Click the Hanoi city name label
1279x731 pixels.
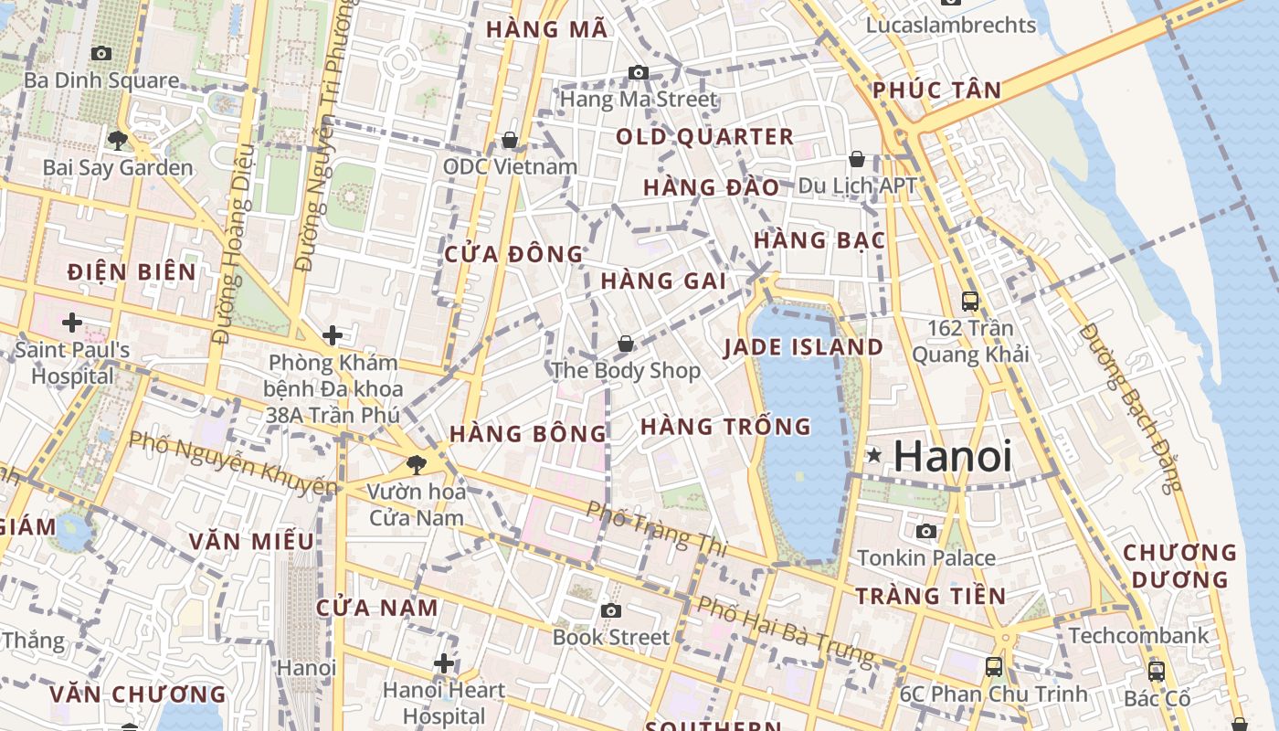[953, 456]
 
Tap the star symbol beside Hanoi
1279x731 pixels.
[874, 454]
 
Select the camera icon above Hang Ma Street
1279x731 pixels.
[639, 72]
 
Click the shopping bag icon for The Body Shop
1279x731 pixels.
[626, 344]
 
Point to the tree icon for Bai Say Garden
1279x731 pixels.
[117, 140]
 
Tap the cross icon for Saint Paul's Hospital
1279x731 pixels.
[72, 322]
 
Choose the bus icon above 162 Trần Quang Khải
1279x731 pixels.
[970, 300]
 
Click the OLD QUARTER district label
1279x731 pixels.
[704, 137]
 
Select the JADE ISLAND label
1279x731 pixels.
[804, 347]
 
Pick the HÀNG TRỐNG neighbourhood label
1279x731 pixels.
[725, 426]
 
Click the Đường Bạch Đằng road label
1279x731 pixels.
[1130, 407]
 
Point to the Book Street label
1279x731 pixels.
[611, 637]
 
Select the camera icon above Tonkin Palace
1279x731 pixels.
[926, 531]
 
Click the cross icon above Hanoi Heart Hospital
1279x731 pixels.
[444, 662]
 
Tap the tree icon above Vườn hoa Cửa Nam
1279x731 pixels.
[417, 463]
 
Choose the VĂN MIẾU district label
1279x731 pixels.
[251, 541]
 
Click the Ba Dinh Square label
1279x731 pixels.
[101, 79]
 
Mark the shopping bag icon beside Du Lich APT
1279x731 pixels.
[857, 159]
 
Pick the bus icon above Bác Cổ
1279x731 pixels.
[1157, 671]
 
